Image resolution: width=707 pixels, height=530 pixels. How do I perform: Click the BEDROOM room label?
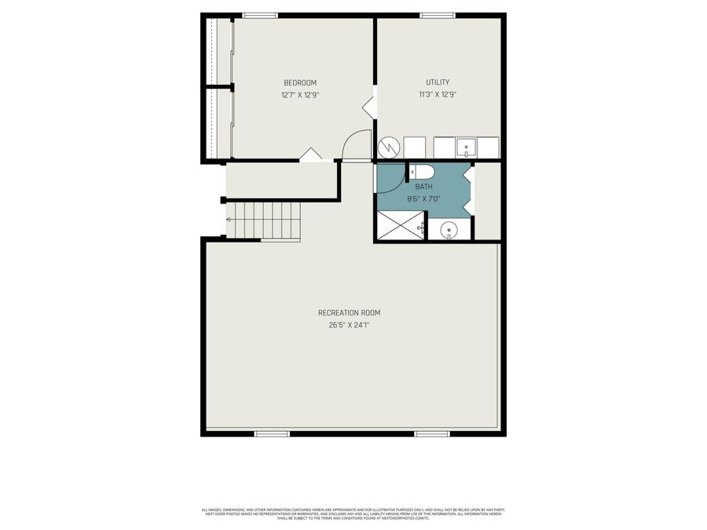pos(300,83)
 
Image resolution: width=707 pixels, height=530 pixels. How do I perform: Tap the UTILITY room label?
pos(438,82)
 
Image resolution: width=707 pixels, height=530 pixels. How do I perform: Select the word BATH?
pos(423,187)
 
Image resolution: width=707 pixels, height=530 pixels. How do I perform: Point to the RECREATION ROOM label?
pos(348,313)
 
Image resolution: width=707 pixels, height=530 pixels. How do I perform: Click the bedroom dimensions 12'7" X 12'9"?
pos(300,95)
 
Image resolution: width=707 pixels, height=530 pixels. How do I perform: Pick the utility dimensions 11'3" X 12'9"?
pos(438,94)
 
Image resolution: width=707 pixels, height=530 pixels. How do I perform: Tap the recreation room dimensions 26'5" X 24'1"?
pos(348,324)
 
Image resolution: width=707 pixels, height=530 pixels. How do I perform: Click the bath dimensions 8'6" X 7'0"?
pos(423,199)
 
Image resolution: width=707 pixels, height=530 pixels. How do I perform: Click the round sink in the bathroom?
pos(449,230)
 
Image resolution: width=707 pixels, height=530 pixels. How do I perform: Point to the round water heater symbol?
pos(388,148)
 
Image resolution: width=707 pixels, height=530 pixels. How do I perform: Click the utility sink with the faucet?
pos(466,147)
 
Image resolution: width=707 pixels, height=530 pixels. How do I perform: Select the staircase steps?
pos(264,219)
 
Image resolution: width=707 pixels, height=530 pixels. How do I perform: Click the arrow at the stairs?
pos(229,220)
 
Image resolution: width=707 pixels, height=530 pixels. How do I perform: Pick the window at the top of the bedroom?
pos(260,15)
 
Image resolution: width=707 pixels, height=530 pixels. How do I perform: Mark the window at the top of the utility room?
pos(437,15)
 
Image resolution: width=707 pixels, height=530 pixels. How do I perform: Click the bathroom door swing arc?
pos(390,177)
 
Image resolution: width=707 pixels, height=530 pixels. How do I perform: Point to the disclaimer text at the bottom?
pos(353,514)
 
